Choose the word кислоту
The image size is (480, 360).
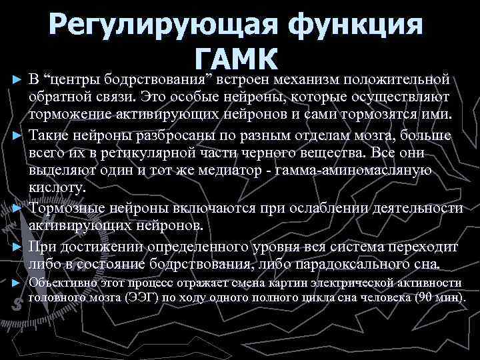click(58, 189)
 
